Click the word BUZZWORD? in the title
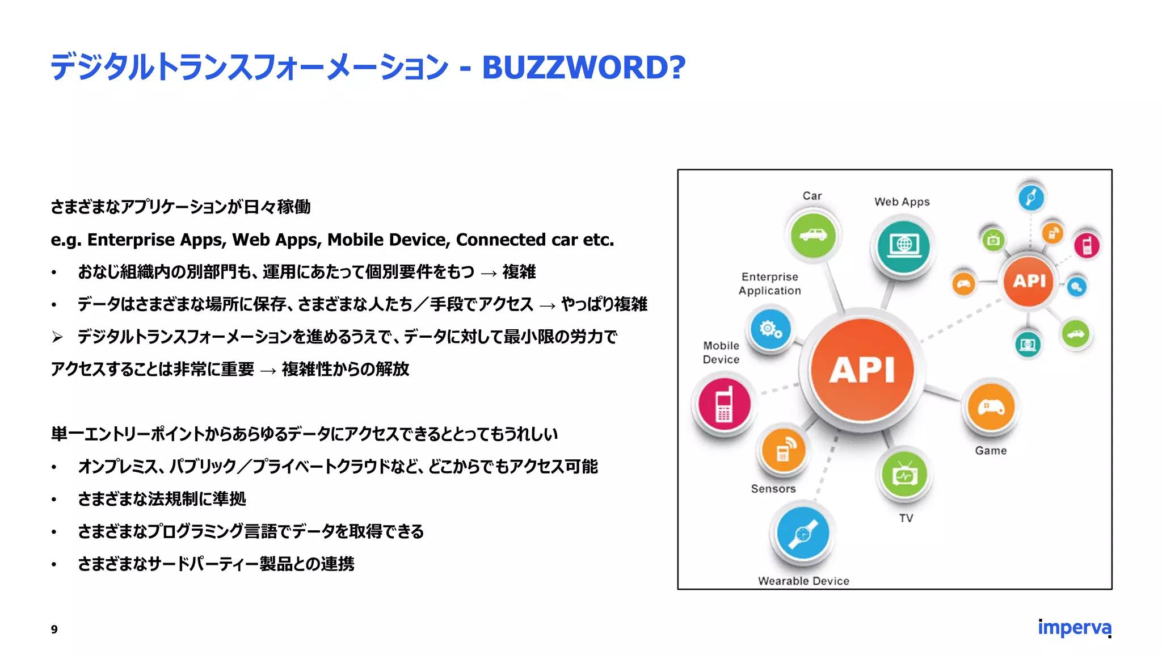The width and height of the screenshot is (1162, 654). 583,68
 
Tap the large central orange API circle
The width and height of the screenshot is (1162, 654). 862,370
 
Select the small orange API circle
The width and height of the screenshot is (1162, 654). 1029,280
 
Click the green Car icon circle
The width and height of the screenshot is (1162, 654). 812,234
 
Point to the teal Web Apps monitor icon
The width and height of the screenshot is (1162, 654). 903,245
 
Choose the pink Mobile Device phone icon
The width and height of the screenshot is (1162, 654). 724,404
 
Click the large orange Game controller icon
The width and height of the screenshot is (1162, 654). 991,407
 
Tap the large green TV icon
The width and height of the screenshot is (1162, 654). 904,475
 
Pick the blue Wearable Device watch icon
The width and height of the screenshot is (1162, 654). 803,534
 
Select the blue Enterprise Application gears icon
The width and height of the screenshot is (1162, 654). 770,329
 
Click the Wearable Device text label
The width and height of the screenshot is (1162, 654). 803,581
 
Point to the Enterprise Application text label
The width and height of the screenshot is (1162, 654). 769,283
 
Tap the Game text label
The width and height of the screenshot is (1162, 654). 991,450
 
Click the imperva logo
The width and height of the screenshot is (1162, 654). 1074,628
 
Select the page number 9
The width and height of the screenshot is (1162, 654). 54,629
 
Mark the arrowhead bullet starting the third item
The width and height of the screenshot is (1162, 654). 57,337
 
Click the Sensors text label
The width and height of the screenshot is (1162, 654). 773,488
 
